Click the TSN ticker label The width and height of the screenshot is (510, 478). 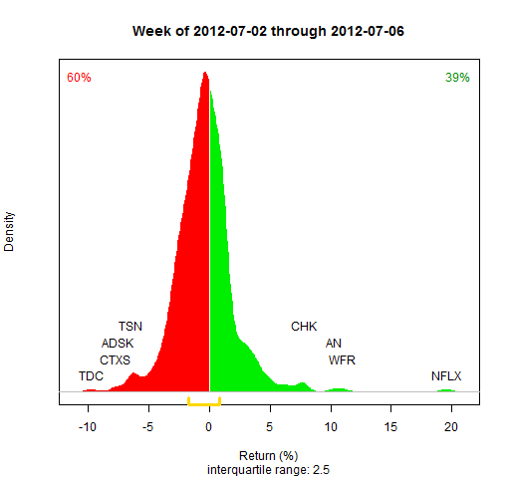[x=130, y=327]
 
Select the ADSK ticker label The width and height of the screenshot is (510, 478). [x=118, y=344]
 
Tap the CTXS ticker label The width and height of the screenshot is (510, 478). [x=115, y=360]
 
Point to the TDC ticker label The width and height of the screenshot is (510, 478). [x=91, y=376]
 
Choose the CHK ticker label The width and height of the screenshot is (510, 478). [x=304, y=327]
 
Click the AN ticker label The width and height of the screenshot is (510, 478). [x=334, y=344]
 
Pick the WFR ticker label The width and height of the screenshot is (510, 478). [x=342, y=360]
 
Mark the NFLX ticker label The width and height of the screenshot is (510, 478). [x=446, y=376]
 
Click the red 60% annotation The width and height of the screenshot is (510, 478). [x=79, y=78]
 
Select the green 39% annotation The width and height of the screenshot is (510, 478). [x=457, y=78]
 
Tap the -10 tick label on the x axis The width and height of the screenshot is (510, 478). [x=88, y=427]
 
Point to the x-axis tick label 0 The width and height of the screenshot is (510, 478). [x=208, y=427]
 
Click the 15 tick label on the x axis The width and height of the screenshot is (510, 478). [x=390, y=427]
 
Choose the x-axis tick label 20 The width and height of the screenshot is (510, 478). [x=451, y=427]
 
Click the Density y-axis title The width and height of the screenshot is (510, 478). [x=9, y=232]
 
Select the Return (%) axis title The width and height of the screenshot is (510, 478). [x=268, y=456]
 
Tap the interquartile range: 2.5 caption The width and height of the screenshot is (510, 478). [x=268, y=470]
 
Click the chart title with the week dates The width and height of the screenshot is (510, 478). [x=268, y=31]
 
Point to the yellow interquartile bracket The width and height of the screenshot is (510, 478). [x=204, y=404]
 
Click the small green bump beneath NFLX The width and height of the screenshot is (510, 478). [x=446, y=390]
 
